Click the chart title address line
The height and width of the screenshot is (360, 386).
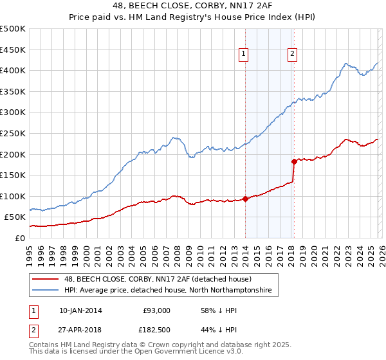coord(193,6)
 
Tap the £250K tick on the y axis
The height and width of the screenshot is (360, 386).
coord(13,133)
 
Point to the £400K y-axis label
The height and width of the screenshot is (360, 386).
coord(13,70)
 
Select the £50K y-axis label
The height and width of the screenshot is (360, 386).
coord(15,217)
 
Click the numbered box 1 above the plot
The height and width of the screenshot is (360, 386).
coord(244,55)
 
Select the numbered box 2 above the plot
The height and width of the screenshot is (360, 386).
coord(292,55)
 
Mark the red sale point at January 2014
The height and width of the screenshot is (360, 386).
coord(245,199)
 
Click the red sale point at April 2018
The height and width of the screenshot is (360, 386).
coord(294,161)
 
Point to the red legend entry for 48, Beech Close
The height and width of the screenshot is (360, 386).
coord(154,280)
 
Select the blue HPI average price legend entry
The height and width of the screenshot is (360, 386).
coord(168,291)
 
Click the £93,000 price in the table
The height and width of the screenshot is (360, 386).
coord(156,310)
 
